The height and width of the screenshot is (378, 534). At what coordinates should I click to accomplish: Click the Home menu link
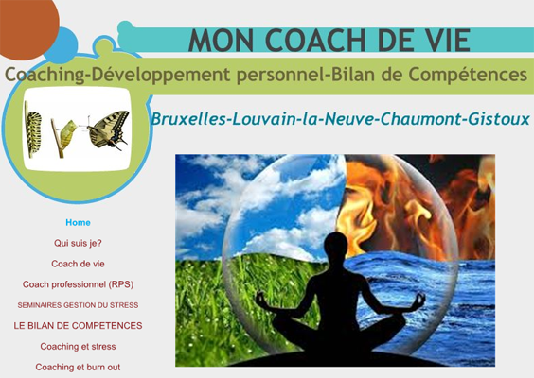pyautogui.click(x=78, y=223)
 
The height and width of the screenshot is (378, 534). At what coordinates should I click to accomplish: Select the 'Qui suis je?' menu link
pyautogui.click(x=78, y=243)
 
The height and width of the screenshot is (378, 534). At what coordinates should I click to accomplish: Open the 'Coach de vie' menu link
pyautogui.click(x=78, y=264)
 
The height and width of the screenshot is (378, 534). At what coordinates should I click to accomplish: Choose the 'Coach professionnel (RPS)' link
pyautogui.click(x=78, y=284)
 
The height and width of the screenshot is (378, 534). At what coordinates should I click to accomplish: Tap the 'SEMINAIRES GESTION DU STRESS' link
pyautogui.click(x=78, y=305)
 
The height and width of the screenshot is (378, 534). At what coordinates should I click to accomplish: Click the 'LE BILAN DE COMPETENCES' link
pyautogui.click(x=78, y=326)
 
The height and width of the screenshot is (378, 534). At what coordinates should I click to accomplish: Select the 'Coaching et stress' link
pyautogui.click(x=78, y=347)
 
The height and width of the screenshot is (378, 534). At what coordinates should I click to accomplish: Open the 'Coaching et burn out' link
pyautogui.click(x=78, y=367)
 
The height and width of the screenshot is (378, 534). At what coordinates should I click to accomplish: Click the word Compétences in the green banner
pyautogui.click(x=468, y=75)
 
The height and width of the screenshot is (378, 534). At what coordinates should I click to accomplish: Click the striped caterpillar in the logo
pyautogui.click(x=33, y=129)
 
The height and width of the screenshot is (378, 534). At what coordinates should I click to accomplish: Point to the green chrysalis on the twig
pyautogui.click(x=67, y=134)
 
